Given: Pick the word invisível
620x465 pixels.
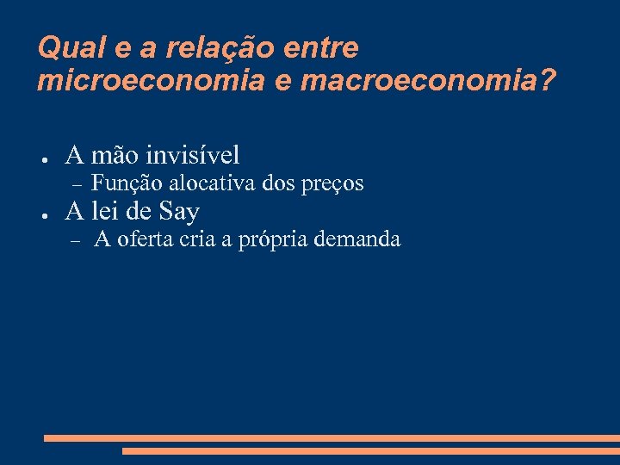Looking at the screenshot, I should point(193,156).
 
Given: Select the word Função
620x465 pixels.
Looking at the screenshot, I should point(127,183).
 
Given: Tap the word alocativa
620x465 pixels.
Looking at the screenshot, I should point(212,183).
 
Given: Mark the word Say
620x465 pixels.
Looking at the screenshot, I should point(179,212).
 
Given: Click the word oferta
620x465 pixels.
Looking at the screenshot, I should point(147,239).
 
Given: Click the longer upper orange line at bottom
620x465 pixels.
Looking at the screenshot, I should point(332,438).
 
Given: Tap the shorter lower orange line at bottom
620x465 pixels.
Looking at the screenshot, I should point(370,450).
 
